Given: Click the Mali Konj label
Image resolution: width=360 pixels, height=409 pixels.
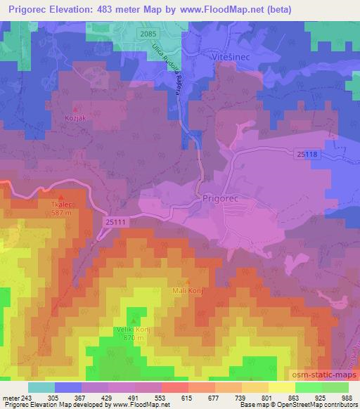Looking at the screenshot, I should coord(186,289).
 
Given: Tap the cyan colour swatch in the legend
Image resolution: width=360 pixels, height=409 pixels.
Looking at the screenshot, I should coord(41,387).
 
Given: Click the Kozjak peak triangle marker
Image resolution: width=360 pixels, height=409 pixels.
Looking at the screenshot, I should coord(77,110).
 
